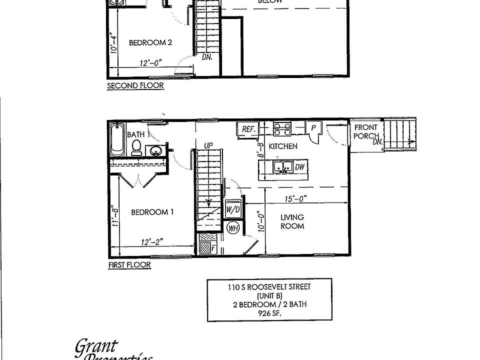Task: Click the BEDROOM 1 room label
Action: (x=152, y=212)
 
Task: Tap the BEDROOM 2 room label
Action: (x=150, y=43)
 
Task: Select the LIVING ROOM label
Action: (x=292, y=221)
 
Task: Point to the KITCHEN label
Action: (x=283, y=146)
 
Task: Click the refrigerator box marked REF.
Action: (x=248, y=129)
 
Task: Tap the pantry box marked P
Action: (x=313, y=128)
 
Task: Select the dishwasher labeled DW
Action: (x=300, y=167)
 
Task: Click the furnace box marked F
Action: (x=206, y=246)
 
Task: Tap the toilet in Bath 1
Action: (x=136, y=146)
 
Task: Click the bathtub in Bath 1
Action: (x=116, y=140)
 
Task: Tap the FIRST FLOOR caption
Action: (x=129, y=265)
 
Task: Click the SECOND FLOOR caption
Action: (x=135, y=86)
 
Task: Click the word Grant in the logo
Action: (x=96, y=346)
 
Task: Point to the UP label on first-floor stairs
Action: (x=208, y=145)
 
